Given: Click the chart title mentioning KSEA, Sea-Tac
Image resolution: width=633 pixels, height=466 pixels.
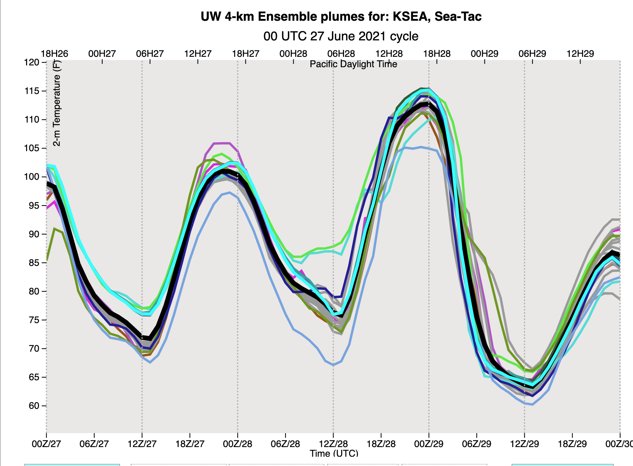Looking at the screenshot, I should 341,17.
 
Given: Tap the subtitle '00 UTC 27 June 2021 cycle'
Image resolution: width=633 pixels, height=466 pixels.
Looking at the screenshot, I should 341,36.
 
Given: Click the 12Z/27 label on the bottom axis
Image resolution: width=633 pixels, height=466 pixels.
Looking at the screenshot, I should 142,444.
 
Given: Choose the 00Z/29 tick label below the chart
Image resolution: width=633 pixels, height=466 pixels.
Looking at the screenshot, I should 429,444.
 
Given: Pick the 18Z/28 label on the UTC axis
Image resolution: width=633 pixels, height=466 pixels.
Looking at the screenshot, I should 381,444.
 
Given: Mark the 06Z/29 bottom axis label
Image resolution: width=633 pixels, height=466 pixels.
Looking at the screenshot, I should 477,444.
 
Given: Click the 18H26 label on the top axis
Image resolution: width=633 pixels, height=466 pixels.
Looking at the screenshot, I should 54,54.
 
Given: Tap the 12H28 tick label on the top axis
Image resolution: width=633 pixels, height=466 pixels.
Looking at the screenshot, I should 389,54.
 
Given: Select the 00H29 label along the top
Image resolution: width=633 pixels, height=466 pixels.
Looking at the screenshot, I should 484,54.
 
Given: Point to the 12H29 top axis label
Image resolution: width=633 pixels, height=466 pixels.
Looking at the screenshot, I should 580,54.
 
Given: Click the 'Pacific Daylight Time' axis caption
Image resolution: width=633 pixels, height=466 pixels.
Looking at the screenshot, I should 353,64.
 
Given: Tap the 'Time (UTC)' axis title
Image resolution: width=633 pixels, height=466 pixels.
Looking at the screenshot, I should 334,453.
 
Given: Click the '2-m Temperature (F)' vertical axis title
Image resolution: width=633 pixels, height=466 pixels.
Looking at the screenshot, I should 57,104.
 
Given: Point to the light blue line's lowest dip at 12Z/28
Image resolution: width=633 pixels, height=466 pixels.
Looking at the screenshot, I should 333,365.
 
